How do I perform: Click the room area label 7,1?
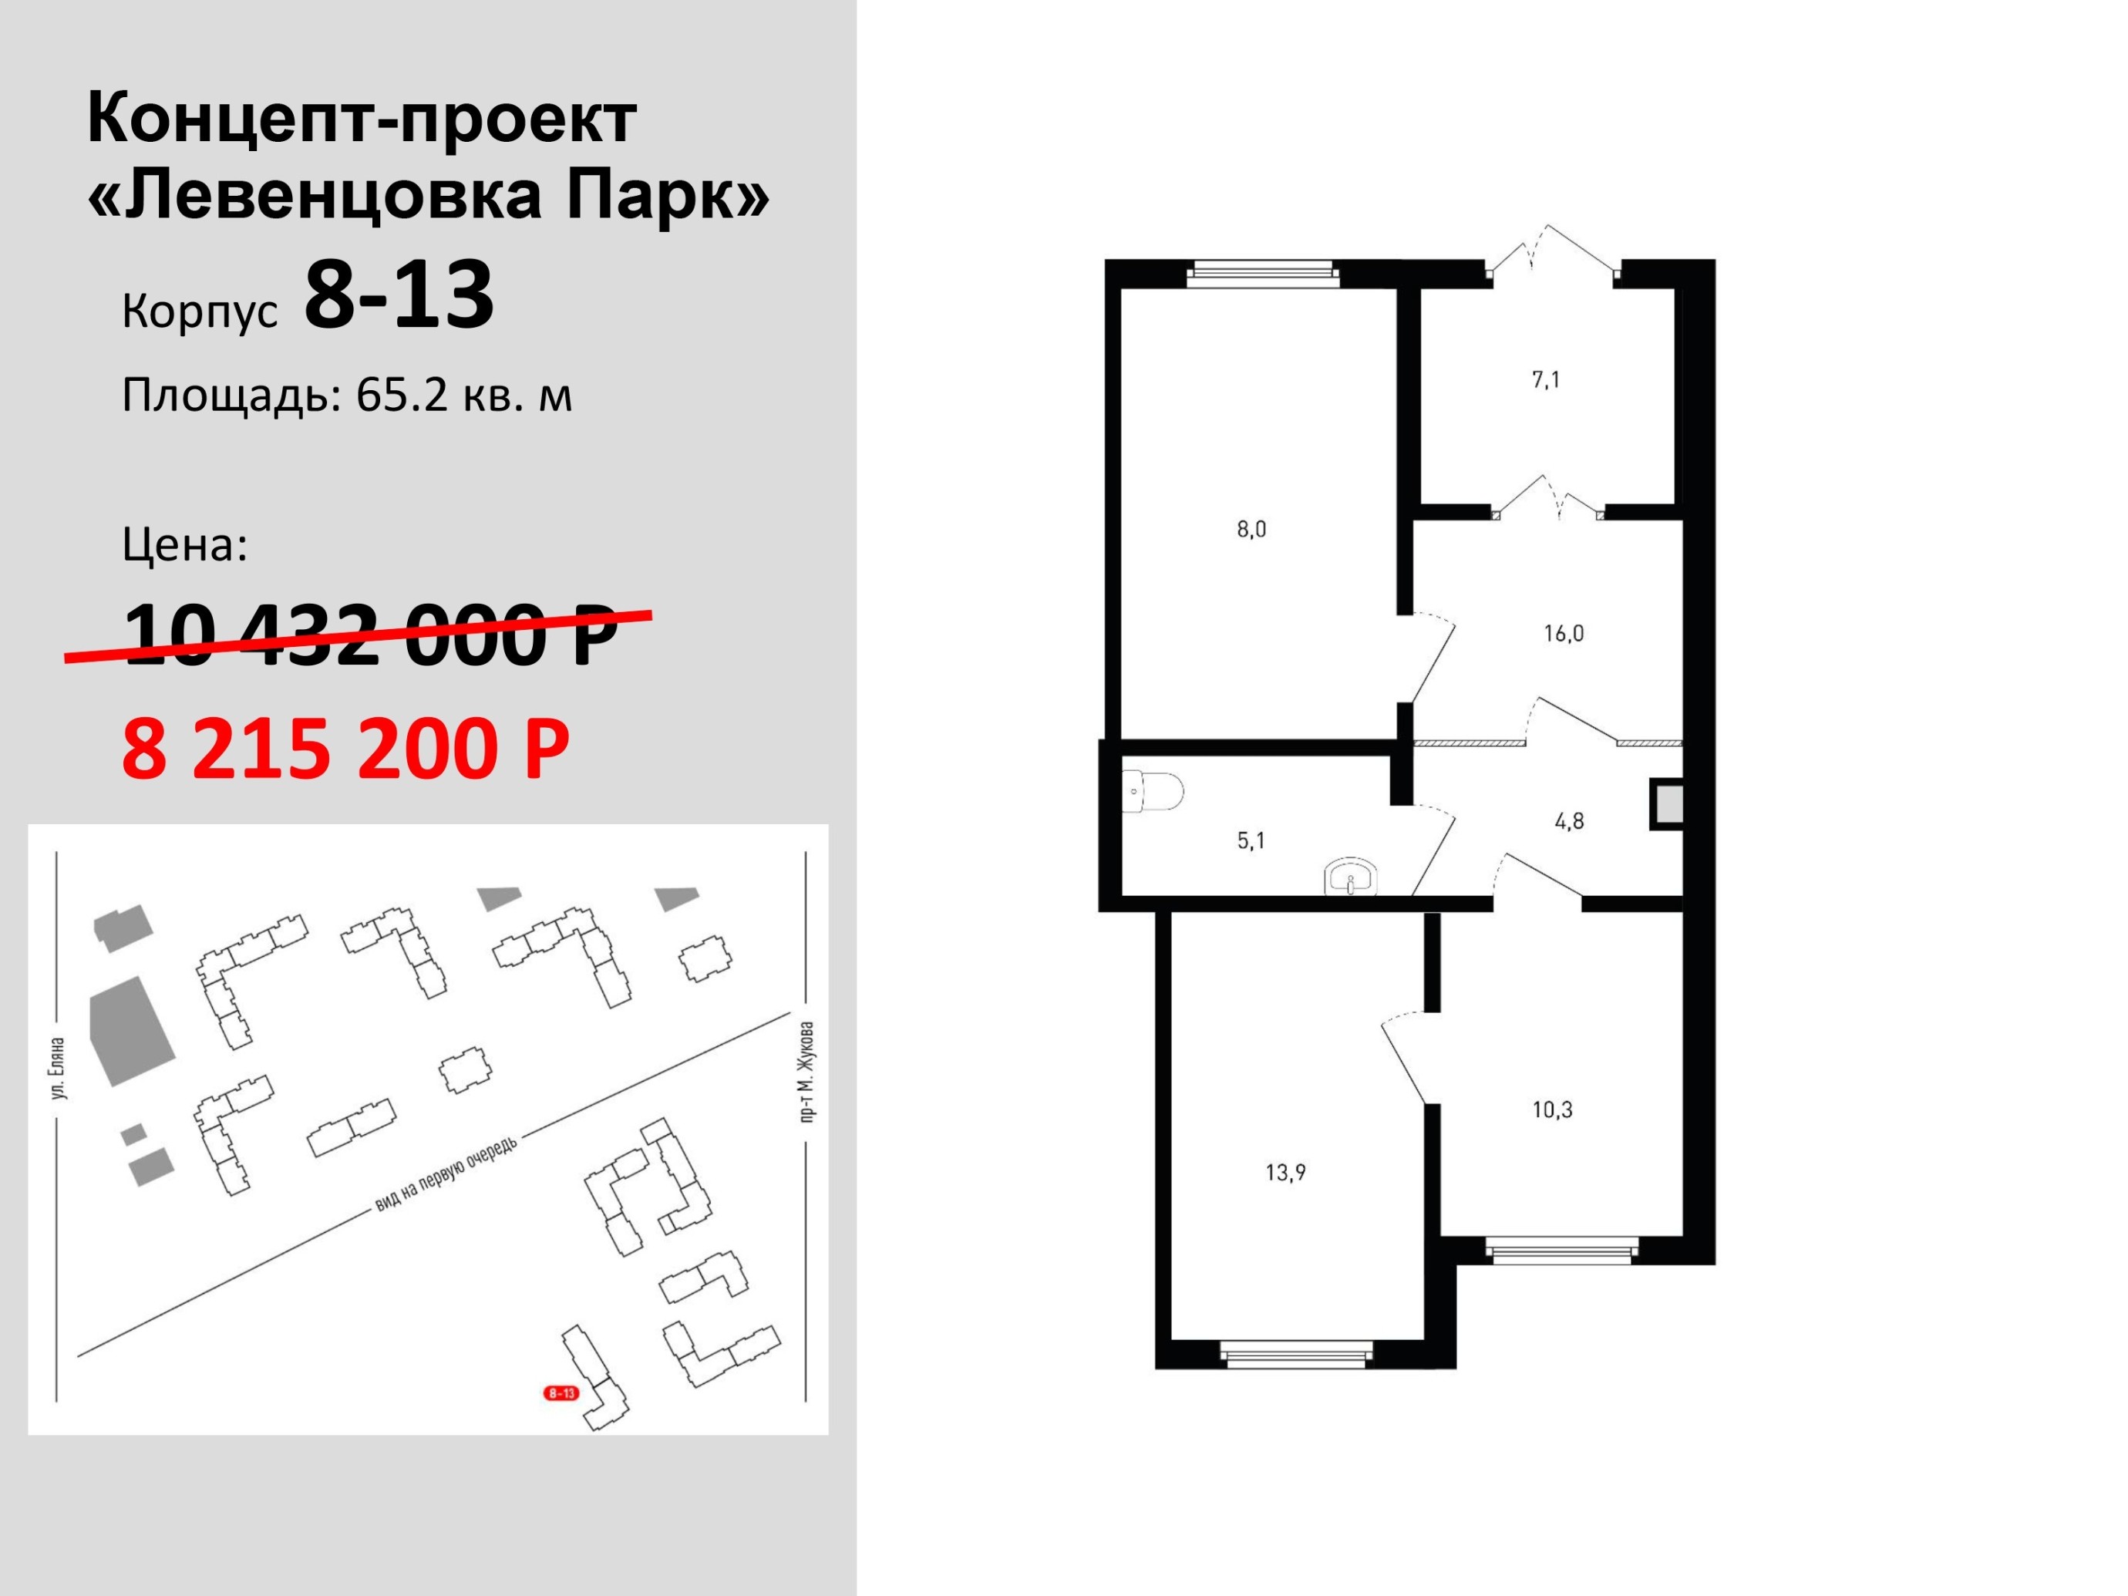(x=1546, y=380)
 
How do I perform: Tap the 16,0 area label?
(x=1564, y=633)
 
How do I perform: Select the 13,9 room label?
(x=1285, y=1172)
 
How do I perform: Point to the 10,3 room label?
(x=1552, y=1109)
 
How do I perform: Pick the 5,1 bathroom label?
(x=1251, y=841)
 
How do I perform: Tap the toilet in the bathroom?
(x=1152, y=792)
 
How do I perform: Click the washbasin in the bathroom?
(x=1351, y=878)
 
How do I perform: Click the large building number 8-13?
(x=399, y=295)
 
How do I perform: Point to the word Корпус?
(x=200, y=311)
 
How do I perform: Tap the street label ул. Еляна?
(x=59, y=1068)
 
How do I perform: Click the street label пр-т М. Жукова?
(x=807, y=1072)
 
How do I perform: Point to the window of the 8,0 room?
(x=1262, y=274)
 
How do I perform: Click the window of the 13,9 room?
(x=1297, y=1355)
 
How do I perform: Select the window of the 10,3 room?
(x=1561, y=1251)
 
